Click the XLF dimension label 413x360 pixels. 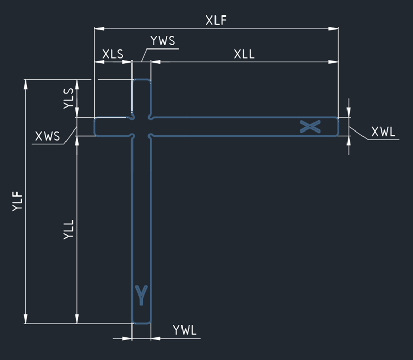[216, 21]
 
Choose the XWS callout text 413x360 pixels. [47, 137]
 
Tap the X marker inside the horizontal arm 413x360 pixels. [310, 126]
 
